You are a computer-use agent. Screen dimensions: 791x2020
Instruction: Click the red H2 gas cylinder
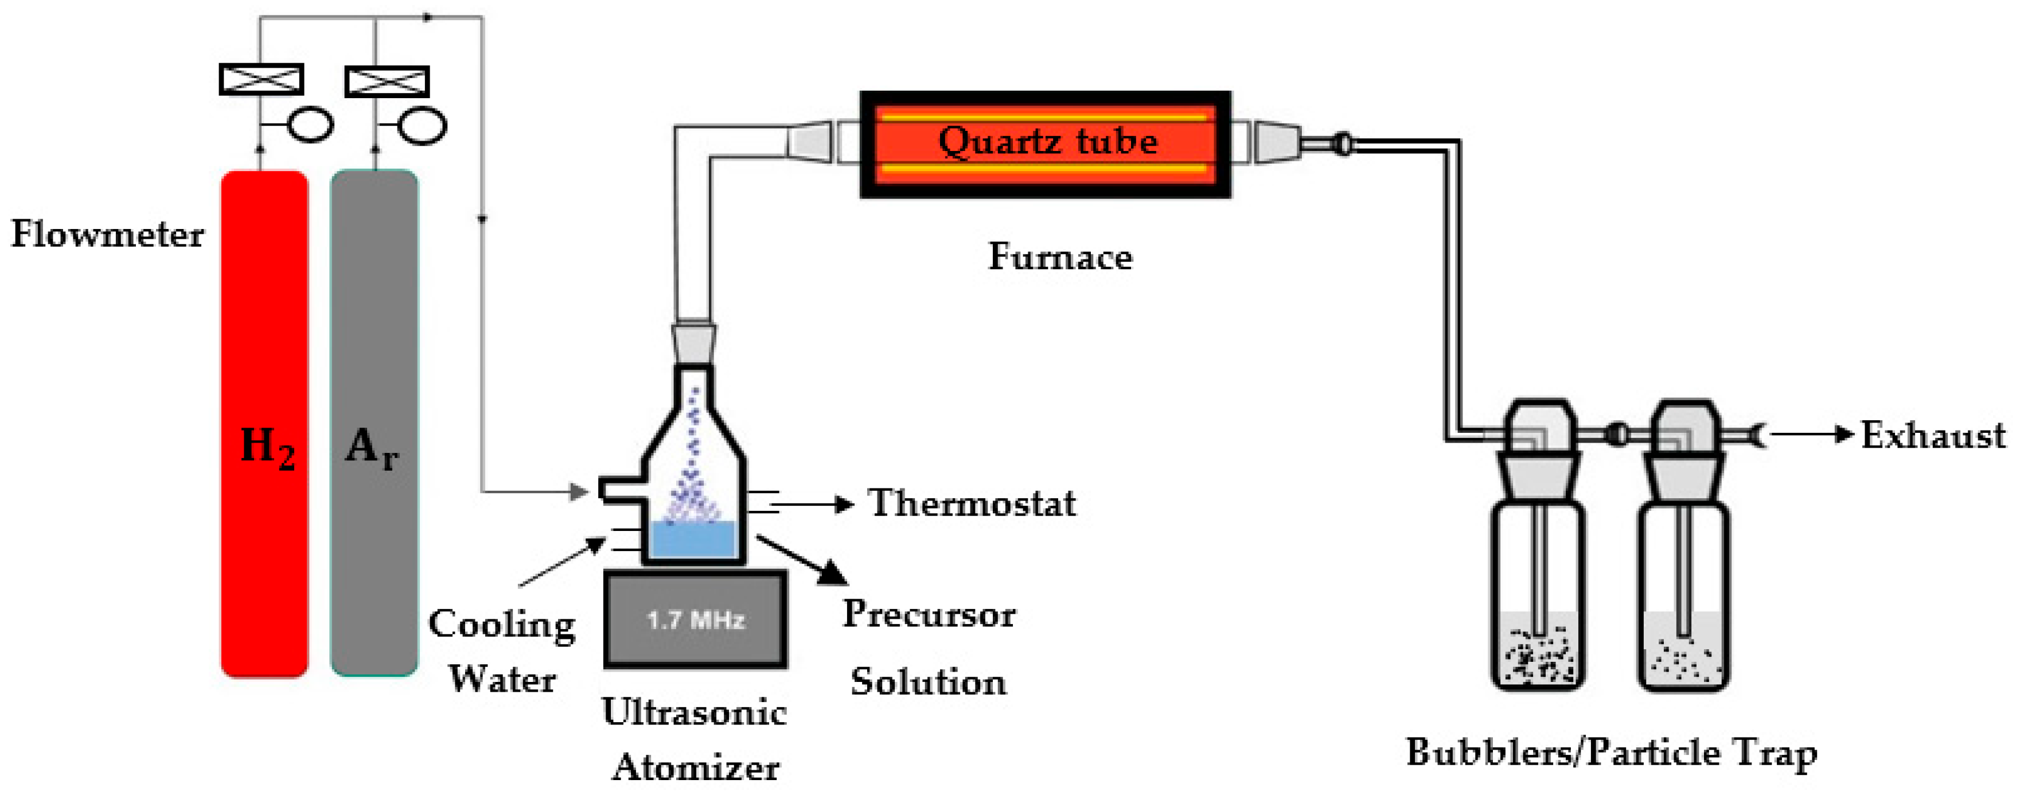tap(264, 424)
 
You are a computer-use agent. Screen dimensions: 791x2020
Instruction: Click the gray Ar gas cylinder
tap(374, 424)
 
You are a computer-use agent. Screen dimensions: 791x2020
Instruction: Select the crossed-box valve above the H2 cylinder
tap(261, 80)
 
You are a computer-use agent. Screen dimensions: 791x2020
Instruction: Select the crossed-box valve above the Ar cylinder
tap(387, 82)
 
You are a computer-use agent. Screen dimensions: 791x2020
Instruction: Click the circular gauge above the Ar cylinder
tap(423, 126)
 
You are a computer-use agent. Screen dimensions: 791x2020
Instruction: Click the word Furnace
tap(1060, 257)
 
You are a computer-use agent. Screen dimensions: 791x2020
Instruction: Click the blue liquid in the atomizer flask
tap(693, 540)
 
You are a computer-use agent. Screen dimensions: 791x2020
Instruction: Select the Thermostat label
tap(972, 503)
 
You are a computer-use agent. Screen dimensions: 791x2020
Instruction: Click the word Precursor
tap(929, 614)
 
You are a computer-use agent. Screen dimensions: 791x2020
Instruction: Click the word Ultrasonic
tap(695, 712)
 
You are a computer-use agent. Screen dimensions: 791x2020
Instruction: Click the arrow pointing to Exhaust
tap(1811, 434)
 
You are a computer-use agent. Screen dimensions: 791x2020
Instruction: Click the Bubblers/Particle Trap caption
tap(1612, 753)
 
